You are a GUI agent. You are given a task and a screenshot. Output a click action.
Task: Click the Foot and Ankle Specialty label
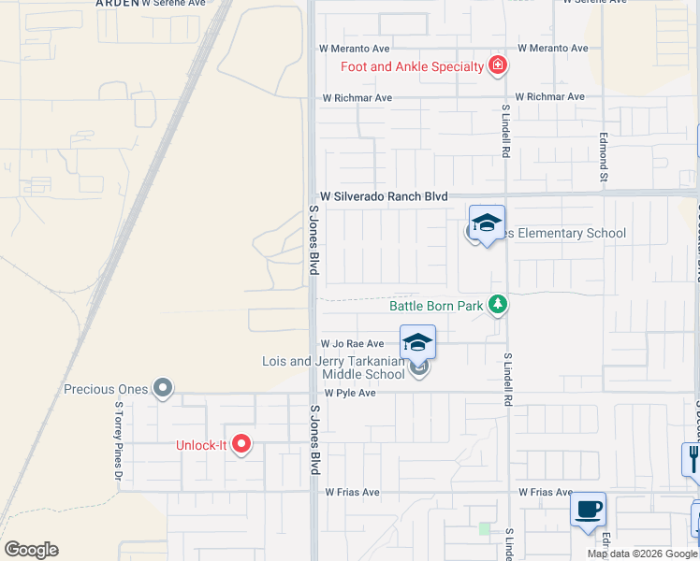tap(412, 65)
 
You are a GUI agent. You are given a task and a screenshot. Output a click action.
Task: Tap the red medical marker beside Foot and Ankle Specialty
tap(498, 65)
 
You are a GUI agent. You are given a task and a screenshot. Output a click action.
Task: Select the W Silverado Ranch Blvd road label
tap(384, 196)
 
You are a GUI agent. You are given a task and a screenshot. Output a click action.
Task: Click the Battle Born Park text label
tap(436, 305)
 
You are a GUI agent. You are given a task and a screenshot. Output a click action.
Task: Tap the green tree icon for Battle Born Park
tap(499, 304)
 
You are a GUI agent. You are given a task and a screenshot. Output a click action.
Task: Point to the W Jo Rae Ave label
tap(353, 344)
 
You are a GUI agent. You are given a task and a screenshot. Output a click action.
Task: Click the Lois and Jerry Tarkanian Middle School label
tap(334, 367)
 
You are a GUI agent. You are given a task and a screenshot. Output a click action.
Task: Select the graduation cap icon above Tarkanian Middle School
tap(418, 342)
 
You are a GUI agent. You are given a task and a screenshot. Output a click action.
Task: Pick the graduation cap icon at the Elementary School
tap(487, 223)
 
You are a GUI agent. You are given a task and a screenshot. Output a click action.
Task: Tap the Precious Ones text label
tap(107, 389)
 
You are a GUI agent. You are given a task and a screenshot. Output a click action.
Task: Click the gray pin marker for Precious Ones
tap(164, 387)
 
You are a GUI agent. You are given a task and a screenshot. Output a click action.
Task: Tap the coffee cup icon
tap(588, 510)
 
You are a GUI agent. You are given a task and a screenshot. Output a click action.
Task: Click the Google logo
tap(31, 550)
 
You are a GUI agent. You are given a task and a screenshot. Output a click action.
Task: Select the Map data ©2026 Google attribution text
tap(642, 554)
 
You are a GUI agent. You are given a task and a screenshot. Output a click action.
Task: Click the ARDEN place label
tap(116, 3)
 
